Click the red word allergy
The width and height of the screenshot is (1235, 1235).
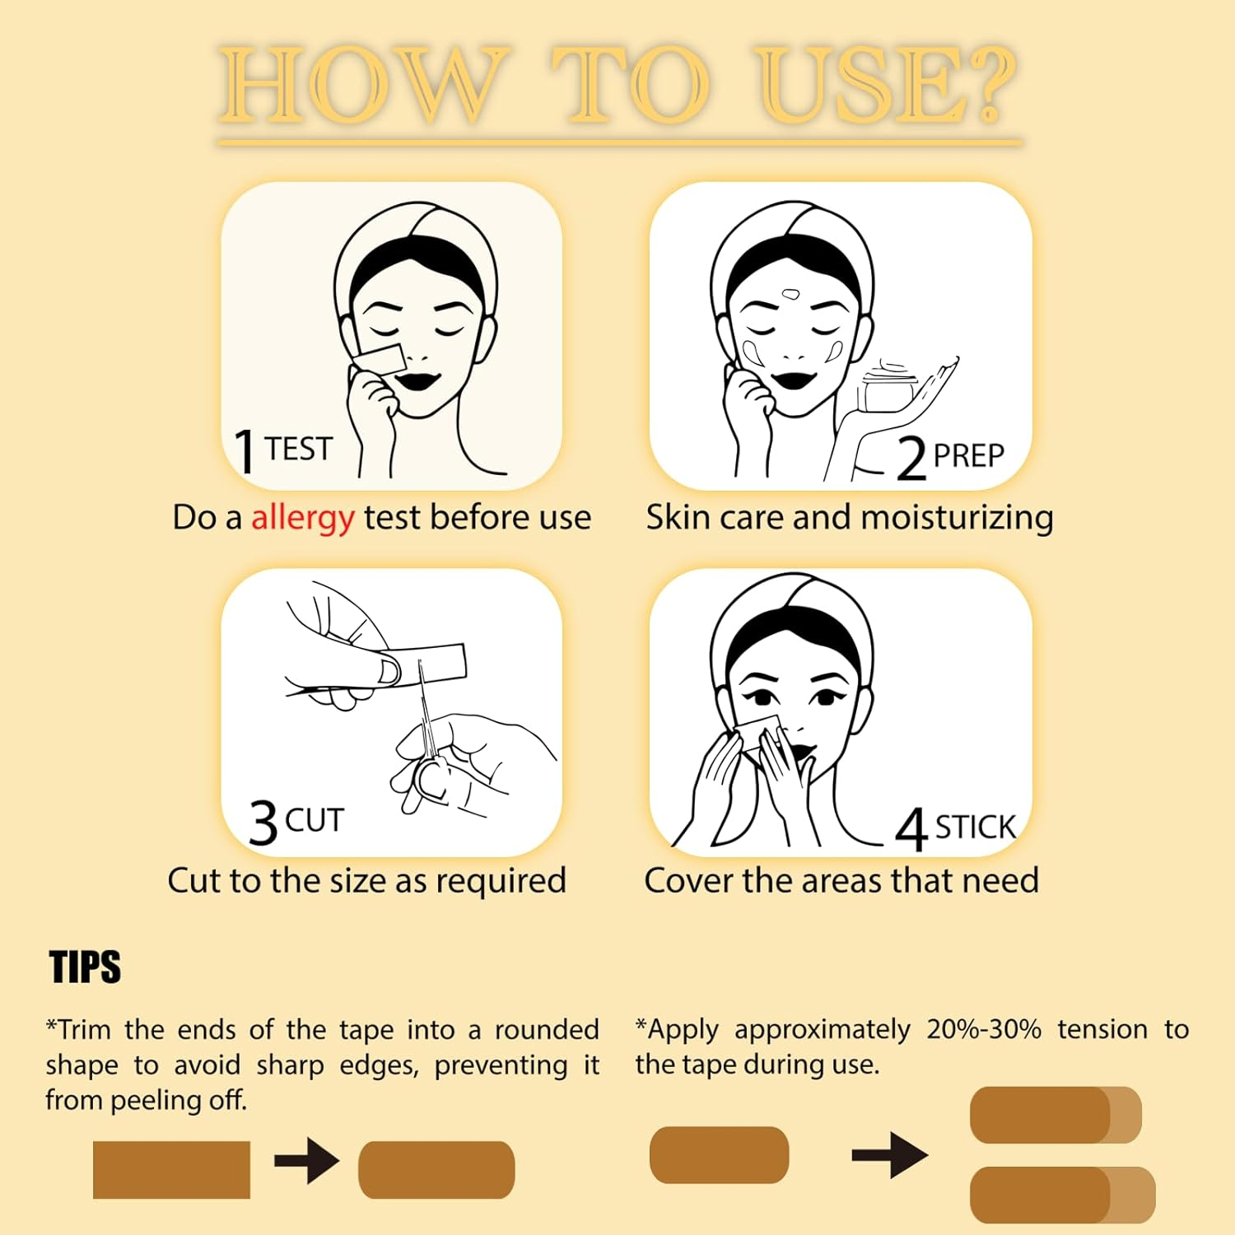pyautogui.click(x=302, y=519)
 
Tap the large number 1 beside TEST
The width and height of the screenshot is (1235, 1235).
pyautogui.click(x=245, y=451)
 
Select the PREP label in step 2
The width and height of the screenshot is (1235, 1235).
pyautogui.click(x=968, y=455)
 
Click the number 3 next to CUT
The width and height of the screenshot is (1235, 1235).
pyautogui.click(x=263, y=823)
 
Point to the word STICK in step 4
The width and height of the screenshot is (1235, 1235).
pyautogui.click(x=976, y=827)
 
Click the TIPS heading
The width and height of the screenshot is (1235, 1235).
pyautogui.click(x=85, y=967)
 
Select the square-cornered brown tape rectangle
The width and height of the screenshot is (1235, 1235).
pyautogui.click(x=171, y=1169)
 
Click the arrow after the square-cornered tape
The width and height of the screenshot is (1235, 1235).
pyautogui.click(x=306, y=1161)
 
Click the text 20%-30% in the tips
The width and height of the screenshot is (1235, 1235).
pyautogui.click(x=983, y=1029)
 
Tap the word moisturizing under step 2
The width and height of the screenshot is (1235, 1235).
pyautogui.click(x=957, y=519)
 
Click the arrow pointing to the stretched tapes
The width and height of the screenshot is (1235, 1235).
pyautogui.click(x=889, y=1155)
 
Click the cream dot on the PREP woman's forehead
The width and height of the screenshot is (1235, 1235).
pyautogui.click(x=790, y=294)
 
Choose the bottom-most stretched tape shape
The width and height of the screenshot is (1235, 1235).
pyautogui.click(x=1062, y=1194)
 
